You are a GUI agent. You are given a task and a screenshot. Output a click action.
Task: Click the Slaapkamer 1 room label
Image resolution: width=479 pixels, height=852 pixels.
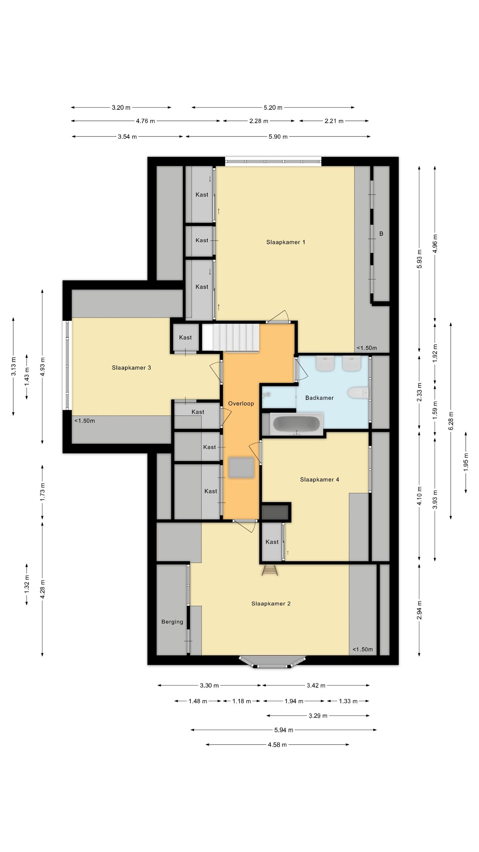click(x=285, y=242)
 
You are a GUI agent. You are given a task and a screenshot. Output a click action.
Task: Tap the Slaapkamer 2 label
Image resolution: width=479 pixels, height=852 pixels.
click(x=271, y=604)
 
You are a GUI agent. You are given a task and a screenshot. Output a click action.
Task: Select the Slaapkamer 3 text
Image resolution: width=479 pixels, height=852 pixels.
click(x=131, y=368)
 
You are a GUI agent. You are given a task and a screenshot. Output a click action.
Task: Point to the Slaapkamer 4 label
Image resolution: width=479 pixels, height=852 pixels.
click(x=319, y=480)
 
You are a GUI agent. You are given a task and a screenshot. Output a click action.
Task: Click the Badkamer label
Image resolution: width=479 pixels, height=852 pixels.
click(x=319, y=398)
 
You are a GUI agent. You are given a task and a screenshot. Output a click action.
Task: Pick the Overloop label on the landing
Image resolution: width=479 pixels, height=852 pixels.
click(x=241, y=403)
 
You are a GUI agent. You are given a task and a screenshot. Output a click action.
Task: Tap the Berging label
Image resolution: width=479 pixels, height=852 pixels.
click(x=172, y=622)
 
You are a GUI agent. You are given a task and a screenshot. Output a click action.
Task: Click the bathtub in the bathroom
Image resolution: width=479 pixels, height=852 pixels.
click(x=296, y=424)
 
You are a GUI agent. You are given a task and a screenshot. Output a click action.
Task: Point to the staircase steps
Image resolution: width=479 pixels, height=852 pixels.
click(x=231, y=337)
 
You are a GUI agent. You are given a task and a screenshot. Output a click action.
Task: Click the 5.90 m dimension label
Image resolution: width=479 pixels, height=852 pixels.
click(x=278, y=137)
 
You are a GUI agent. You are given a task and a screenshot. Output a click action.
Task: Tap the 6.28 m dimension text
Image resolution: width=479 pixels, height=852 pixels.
click(x=451, y=421)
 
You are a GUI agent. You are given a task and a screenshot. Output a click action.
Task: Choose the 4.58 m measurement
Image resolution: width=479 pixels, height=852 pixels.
click(x=277, y=745)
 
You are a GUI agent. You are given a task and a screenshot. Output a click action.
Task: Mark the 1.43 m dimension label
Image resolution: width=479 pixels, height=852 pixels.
click(x=27, y=377)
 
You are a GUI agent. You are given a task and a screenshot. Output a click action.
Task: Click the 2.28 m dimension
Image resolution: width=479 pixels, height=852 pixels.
click(x=259, y=121)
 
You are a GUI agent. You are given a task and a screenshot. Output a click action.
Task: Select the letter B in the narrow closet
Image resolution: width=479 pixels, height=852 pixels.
click(x=381, y=234)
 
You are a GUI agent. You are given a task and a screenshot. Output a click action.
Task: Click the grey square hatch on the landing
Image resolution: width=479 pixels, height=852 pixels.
click(x=241, y=468)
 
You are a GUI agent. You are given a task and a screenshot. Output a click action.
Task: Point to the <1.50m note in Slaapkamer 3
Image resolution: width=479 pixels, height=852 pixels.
click(x=84, y=421)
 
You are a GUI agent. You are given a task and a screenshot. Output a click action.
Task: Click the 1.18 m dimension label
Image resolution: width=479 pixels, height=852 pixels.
click(x=241, y=701)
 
